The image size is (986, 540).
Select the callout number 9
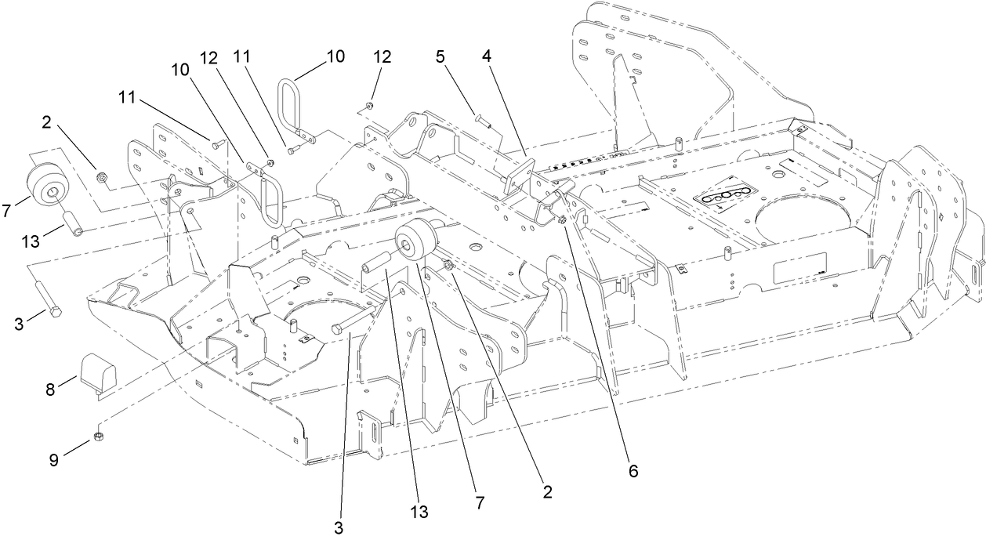point(54,462)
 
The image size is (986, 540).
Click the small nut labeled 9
point(100,437)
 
